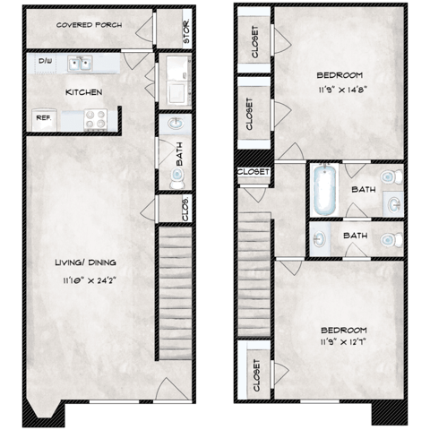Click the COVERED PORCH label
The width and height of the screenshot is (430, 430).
click(90, 25)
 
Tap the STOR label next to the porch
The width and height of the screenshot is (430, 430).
click(186, 31)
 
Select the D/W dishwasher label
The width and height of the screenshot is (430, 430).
click(45, 62)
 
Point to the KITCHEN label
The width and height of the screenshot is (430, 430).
click(82, 92)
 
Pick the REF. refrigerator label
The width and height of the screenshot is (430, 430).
click(43, 118)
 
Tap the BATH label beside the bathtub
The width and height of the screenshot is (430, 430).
click(363, 190)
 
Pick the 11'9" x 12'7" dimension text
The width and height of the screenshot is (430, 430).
click(343, 341)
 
